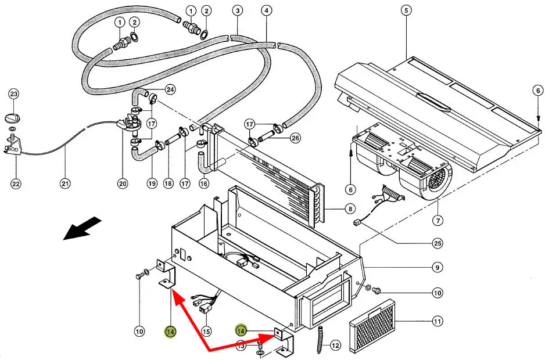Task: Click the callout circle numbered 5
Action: [x=406, y=10]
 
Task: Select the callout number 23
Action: [x=13, y=94]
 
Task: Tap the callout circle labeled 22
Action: [x=16, y=183]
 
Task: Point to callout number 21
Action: [x=65, y=183]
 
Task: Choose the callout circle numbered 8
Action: [x=350, y=209]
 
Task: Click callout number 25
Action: [x=438, y=243]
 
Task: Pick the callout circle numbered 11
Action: [x=438, y=322]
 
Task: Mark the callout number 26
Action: [x=295, y=138]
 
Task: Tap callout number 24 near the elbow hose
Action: [x=170, y=89]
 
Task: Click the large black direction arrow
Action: [x=83, y=228]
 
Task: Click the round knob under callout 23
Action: [x=13, y=118]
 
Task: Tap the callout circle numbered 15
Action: [x=206, y=332]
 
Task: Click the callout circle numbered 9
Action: [x=438, y=268]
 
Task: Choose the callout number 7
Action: [x=438, y=220]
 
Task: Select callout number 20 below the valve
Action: [x=123, y=183]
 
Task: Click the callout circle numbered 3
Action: [x=238, y=11]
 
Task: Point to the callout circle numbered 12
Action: [x=335, y=345]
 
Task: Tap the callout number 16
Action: [x=204, y=183]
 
